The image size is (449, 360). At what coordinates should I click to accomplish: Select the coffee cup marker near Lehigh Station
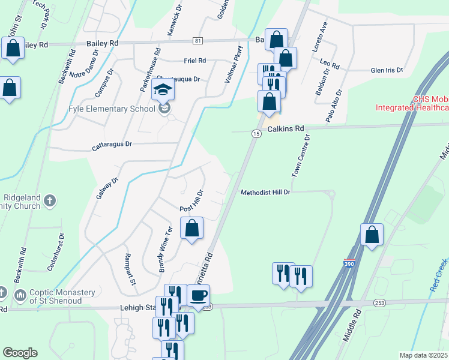pyautogui.click(x=199, y=296)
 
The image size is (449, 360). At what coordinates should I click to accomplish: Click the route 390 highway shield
pyautogui.click(x=349, y=263)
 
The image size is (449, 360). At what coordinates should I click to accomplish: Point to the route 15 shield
pyautogui.click(x=256, y=134)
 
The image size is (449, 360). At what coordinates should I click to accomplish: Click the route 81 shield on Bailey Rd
pyautogui.click(x=198, y=40)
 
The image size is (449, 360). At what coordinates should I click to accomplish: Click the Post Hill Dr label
pyautogui.click(x=193, y=200)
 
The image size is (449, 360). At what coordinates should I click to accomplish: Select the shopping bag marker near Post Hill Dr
pyautogui.click(x=191, y=229)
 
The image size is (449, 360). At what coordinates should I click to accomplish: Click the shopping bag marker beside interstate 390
pyautogui.click(x=372, y=235)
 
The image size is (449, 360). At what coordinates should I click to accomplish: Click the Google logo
pyautogui.click(x=20, y=353)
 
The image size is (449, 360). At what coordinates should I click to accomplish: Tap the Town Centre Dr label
pyautogui.click(x=301, y=155)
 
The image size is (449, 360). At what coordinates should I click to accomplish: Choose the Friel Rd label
pyautogui.click(x=194, y=61)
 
